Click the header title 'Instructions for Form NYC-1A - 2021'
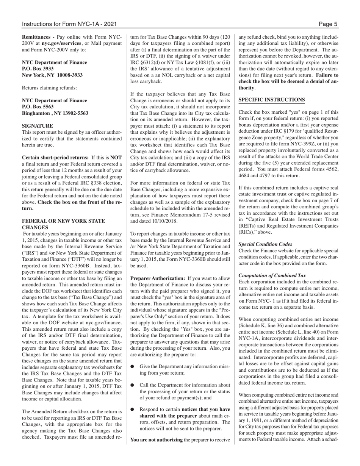tap(69, 24)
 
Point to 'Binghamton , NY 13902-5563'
tap(55, 113)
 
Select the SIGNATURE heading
tap(38, 125)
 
